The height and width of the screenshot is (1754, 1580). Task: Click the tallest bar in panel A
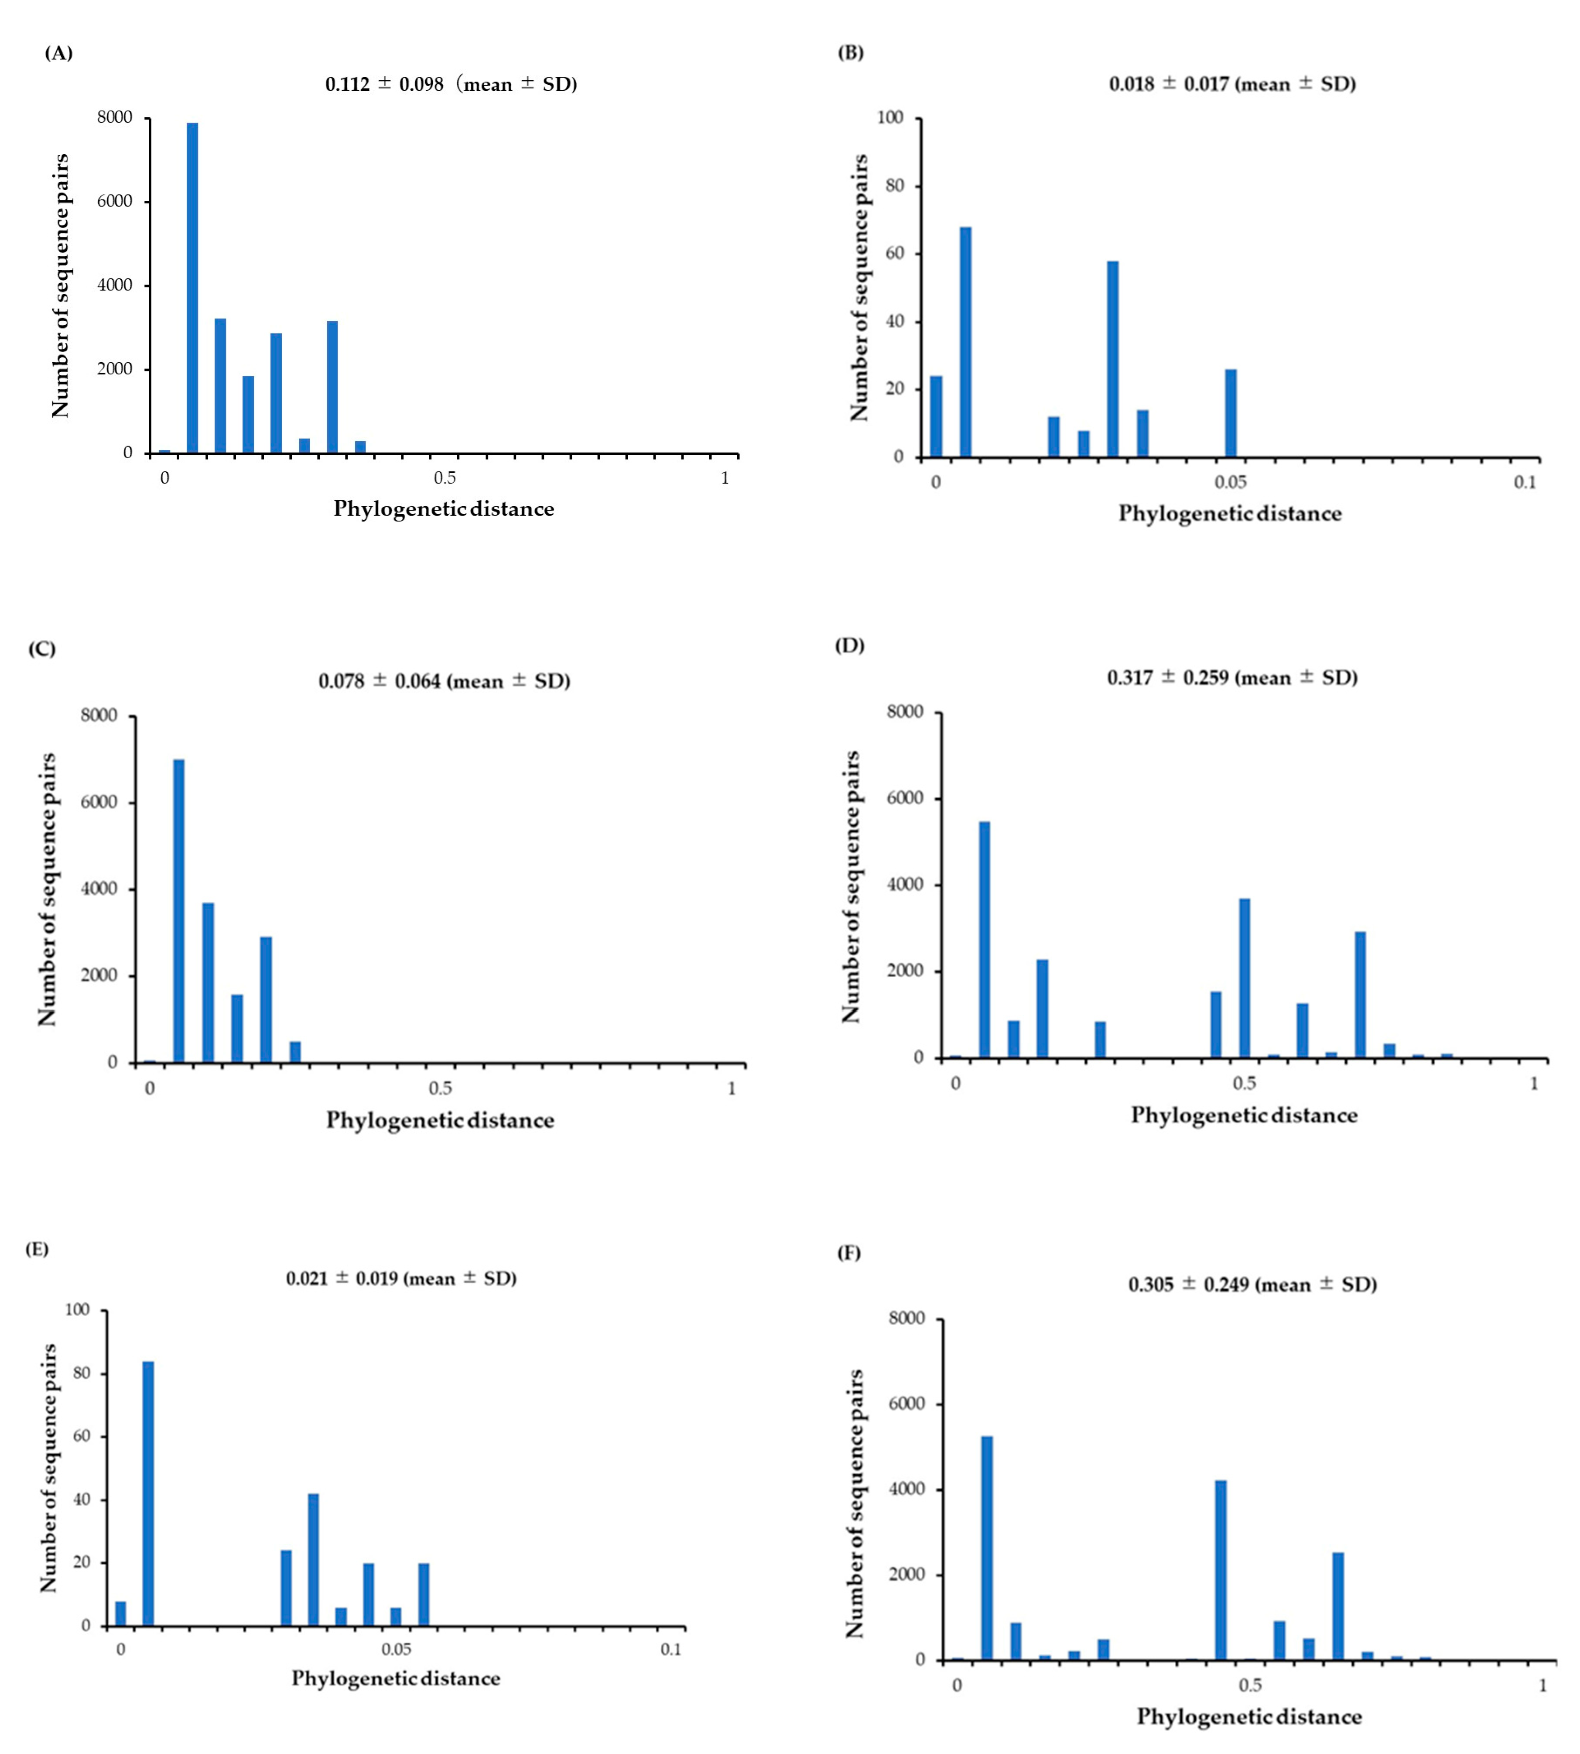[192, 287]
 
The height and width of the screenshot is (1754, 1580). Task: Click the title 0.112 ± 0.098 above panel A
[451, 84]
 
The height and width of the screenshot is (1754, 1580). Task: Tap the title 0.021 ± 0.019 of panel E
[401, 1278]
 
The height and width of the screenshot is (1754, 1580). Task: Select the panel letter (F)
[848, 1253]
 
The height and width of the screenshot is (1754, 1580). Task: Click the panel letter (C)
[42, 649]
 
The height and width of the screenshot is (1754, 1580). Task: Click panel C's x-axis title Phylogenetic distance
[440, 1120]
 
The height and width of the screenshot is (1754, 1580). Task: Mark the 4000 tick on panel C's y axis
[100, 889]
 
